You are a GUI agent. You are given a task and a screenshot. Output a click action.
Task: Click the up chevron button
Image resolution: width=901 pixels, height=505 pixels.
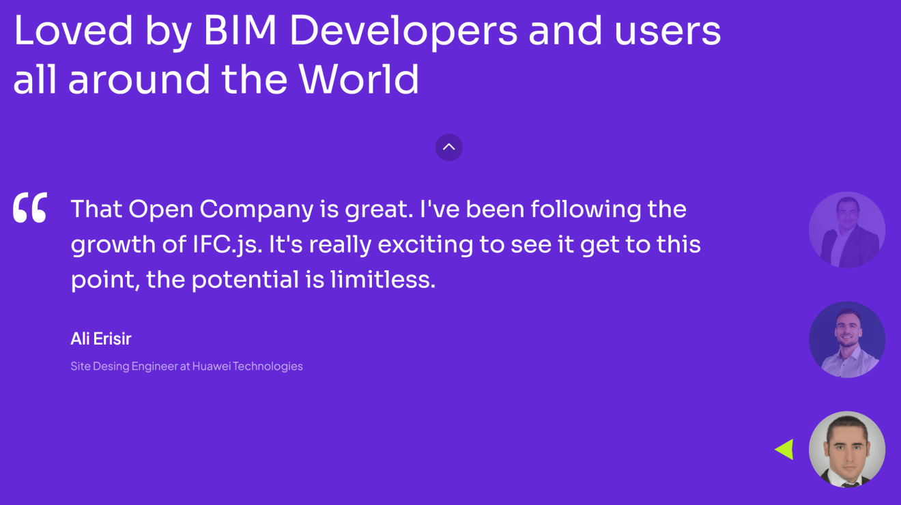(x=448, y=147)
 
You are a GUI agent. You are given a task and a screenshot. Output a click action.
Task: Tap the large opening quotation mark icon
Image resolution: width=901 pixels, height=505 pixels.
(x=30, y=208)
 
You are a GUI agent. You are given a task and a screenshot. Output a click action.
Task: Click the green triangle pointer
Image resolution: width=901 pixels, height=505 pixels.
(x=785, y=449)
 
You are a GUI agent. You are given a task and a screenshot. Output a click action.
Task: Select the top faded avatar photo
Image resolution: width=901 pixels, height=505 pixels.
(x=846, y=230)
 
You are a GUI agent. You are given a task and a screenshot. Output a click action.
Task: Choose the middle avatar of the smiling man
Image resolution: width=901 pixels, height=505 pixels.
(x=846, y=340)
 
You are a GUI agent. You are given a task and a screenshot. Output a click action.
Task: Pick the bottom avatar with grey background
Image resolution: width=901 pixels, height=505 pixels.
(x=846, y=449)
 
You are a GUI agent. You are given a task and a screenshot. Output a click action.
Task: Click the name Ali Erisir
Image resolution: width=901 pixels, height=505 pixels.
(x=101, y=338)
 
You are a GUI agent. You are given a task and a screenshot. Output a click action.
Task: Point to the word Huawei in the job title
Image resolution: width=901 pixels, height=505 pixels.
(x=211, y=366)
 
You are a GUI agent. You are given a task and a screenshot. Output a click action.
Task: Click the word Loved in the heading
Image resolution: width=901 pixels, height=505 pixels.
(x=73, y=31)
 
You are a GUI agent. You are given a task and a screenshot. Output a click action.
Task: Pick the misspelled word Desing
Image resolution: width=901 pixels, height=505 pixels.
(x=111, y=366)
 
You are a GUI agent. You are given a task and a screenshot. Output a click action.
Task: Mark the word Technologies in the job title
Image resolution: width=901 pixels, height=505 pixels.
(x=268, y=366)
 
